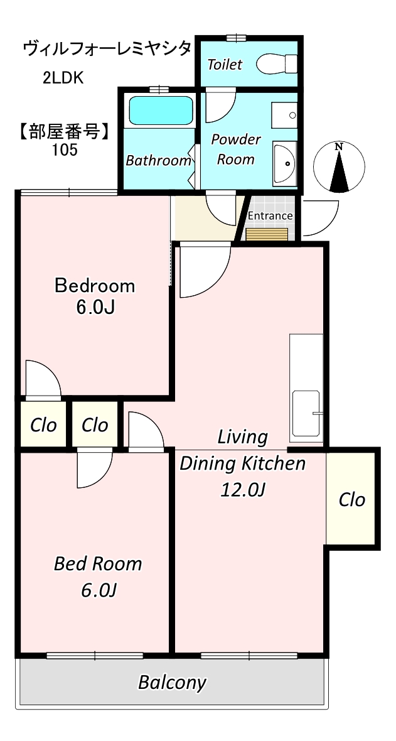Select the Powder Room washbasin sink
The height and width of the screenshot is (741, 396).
[285, 163]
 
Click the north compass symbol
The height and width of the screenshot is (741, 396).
[339, 167]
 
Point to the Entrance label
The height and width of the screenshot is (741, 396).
[270, 216]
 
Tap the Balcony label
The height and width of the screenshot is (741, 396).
[172, 683]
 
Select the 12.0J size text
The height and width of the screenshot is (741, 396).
[242, 490]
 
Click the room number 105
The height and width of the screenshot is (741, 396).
[64, 150]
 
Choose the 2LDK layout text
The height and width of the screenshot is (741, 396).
[63, 78]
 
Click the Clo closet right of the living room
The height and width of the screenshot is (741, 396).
[352, 499]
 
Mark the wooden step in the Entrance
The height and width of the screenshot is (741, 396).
[267, 234]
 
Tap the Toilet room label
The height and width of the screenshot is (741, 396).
[225, 65]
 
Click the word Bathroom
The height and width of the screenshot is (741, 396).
[158, 161]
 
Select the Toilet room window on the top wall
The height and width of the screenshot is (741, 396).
[235, 38]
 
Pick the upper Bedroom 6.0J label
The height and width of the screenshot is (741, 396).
[95, 296]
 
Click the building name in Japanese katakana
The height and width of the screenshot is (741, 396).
[107, 49]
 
